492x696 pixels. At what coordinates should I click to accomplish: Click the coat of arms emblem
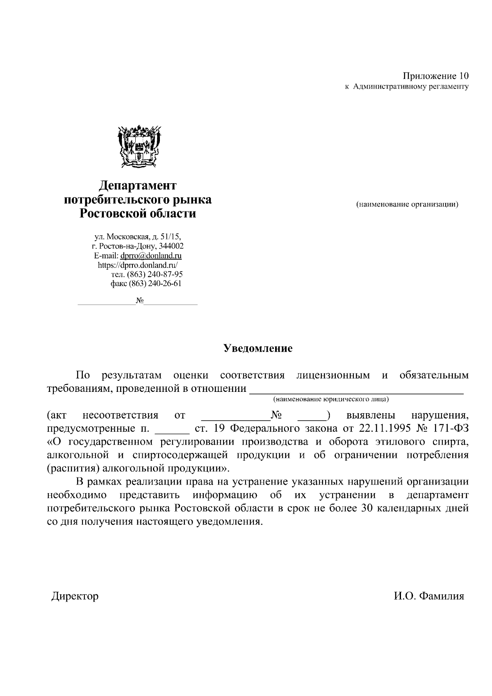(x=138, y=147)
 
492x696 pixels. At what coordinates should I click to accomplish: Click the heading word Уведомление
(x=258, y=349)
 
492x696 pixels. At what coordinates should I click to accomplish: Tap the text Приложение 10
(x=435, y=76)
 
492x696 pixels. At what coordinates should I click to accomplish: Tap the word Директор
(x=75, y=596)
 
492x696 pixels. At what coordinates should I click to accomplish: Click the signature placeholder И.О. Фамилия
(x=429, y=596)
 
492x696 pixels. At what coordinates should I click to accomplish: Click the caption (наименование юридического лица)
(x=331, y=398)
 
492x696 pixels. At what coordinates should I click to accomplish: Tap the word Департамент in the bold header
(x=138, y=185)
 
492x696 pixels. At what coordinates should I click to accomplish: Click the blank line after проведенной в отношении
(x=356, y=389)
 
